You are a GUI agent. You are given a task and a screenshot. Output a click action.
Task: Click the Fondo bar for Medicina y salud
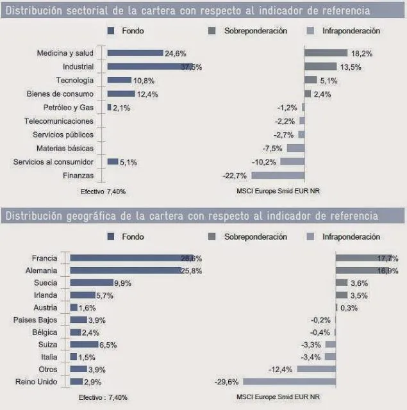(135, 53)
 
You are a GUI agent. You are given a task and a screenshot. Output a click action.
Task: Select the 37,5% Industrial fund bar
(150, 67)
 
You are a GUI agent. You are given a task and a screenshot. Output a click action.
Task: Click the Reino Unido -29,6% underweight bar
(288, 382)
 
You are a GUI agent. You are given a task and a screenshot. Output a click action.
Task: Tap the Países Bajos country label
(35, 320)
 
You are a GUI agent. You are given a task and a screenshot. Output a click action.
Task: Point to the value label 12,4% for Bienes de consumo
(147, 94)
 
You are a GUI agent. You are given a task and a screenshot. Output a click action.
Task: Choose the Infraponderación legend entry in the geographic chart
(351, 237)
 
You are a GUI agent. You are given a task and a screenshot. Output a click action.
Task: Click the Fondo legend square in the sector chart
(112, 30)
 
